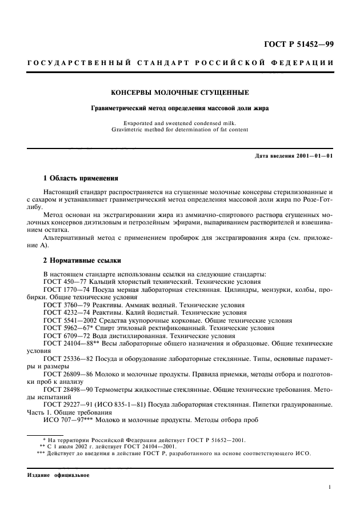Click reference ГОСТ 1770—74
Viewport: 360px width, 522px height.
66,290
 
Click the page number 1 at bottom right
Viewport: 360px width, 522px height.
331,487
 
